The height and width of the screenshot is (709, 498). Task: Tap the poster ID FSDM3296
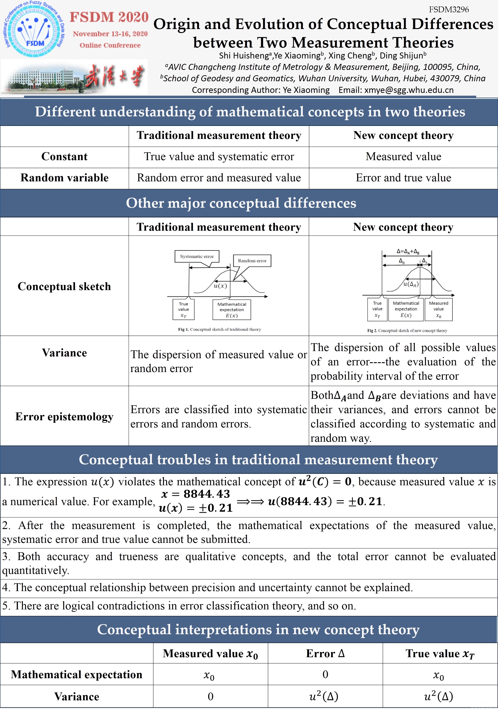click(x=449, y=10)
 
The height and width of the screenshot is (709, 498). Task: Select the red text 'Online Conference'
click(x=110, y=45)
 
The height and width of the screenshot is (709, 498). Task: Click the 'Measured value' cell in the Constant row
click(x=403, y=157)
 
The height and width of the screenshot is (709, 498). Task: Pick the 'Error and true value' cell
click(x=403, y=178)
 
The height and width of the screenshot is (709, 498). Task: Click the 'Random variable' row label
click(x=64, y=178)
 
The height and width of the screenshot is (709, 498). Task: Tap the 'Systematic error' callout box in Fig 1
click(x=197, y=256)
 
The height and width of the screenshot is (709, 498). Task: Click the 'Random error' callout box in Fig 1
click(x=252, y=261)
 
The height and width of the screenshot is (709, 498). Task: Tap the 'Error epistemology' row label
click(x=64, y=416)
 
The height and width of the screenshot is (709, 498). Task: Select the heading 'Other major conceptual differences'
click(x=241, y=203)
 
